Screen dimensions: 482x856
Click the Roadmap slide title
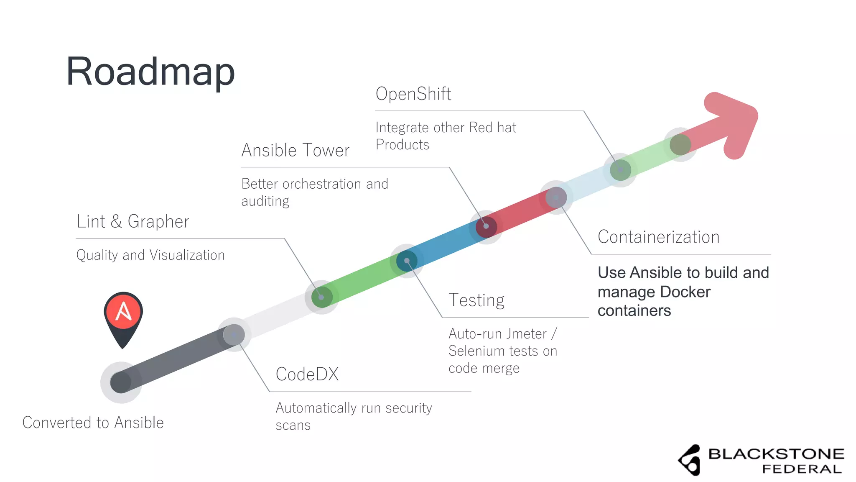click(x=150, y=72)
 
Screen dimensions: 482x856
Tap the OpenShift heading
click(x=413, y=94)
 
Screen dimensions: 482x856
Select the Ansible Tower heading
click(x=295, y=150)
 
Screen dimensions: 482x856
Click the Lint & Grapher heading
click(x=132, y=221)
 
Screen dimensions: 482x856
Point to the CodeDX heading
click(x=307, y=374)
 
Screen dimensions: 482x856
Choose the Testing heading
click(x=476, y=300)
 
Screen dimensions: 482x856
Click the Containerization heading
click(x=658, y=237)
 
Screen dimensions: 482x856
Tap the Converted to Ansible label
click(x=93, y=423)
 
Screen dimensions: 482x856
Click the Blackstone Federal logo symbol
click(x=690, y=460)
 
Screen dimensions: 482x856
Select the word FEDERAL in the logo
click(x=802, y=469)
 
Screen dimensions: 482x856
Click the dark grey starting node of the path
click(x=121, y=382)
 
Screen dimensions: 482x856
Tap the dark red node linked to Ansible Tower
click(x=486, y=227)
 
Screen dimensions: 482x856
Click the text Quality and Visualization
click(x=150, y=255)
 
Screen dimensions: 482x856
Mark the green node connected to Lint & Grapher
click(x=321, y=297)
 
